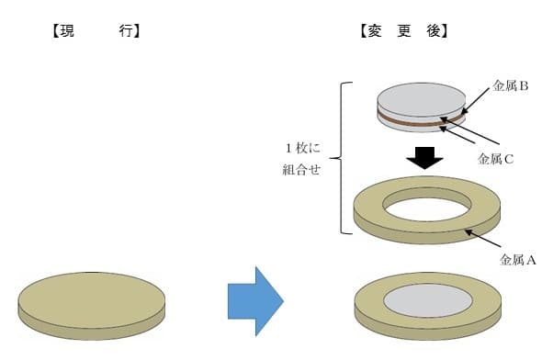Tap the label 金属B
coord(510,86)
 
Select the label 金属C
coord(495,158)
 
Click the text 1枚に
coord(303,148)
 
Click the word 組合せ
coord(301,170)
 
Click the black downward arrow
coord(424,155)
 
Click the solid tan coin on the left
coord(92,299)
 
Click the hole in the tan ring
coord(427,208)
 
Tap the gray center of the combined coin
coord(427,299)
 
